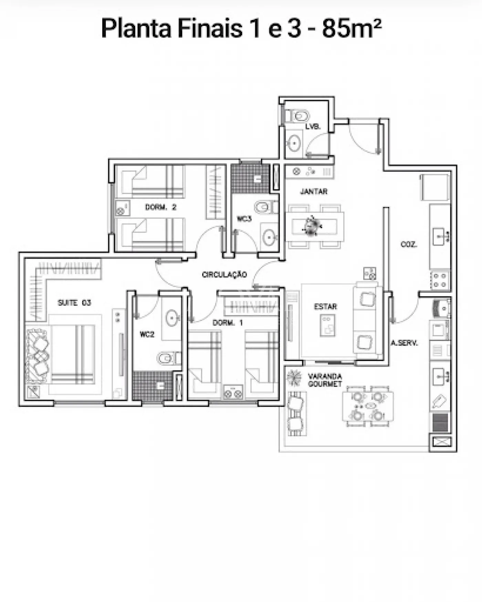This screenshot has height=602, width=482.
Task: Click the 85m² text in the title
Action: pos(352,28)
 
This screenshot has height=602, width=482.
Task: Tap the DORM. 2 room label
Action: pos(161,207)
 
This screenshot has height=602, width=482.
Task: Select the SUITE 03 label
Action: pos(74,303)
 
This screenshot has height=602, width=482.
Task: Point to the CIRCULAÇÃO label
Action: pos(224,274)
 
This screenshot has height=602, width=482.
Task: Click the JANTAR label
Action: pos(314,191)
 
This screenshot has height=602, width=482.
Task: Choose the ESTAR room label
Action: pos(325,307)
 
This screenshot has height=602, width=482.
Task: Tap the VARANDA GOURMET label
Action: pos(325,380)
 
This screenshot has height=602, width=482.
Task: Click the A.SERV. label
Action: pos(404,343)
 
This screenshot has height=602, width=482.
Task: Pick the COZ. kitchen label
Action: pos(409,244)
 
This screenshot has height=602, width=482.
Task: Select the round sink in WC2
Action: pos(172,318)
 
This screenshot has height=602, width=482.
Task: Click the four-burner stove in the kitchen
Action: pos(440,280)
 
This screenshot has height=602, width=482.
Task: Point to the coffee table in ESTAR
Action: pos(327,325)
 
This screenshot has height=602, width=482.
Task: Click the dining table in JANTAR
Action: pos(314,227)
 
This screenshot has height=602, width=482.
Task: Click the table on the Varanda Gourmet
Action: pos(368,406)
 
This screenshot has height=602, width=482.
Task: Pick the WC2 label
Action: pos(147,334)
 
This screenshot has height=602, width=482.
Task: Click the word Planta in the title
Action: pos(136,28)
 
